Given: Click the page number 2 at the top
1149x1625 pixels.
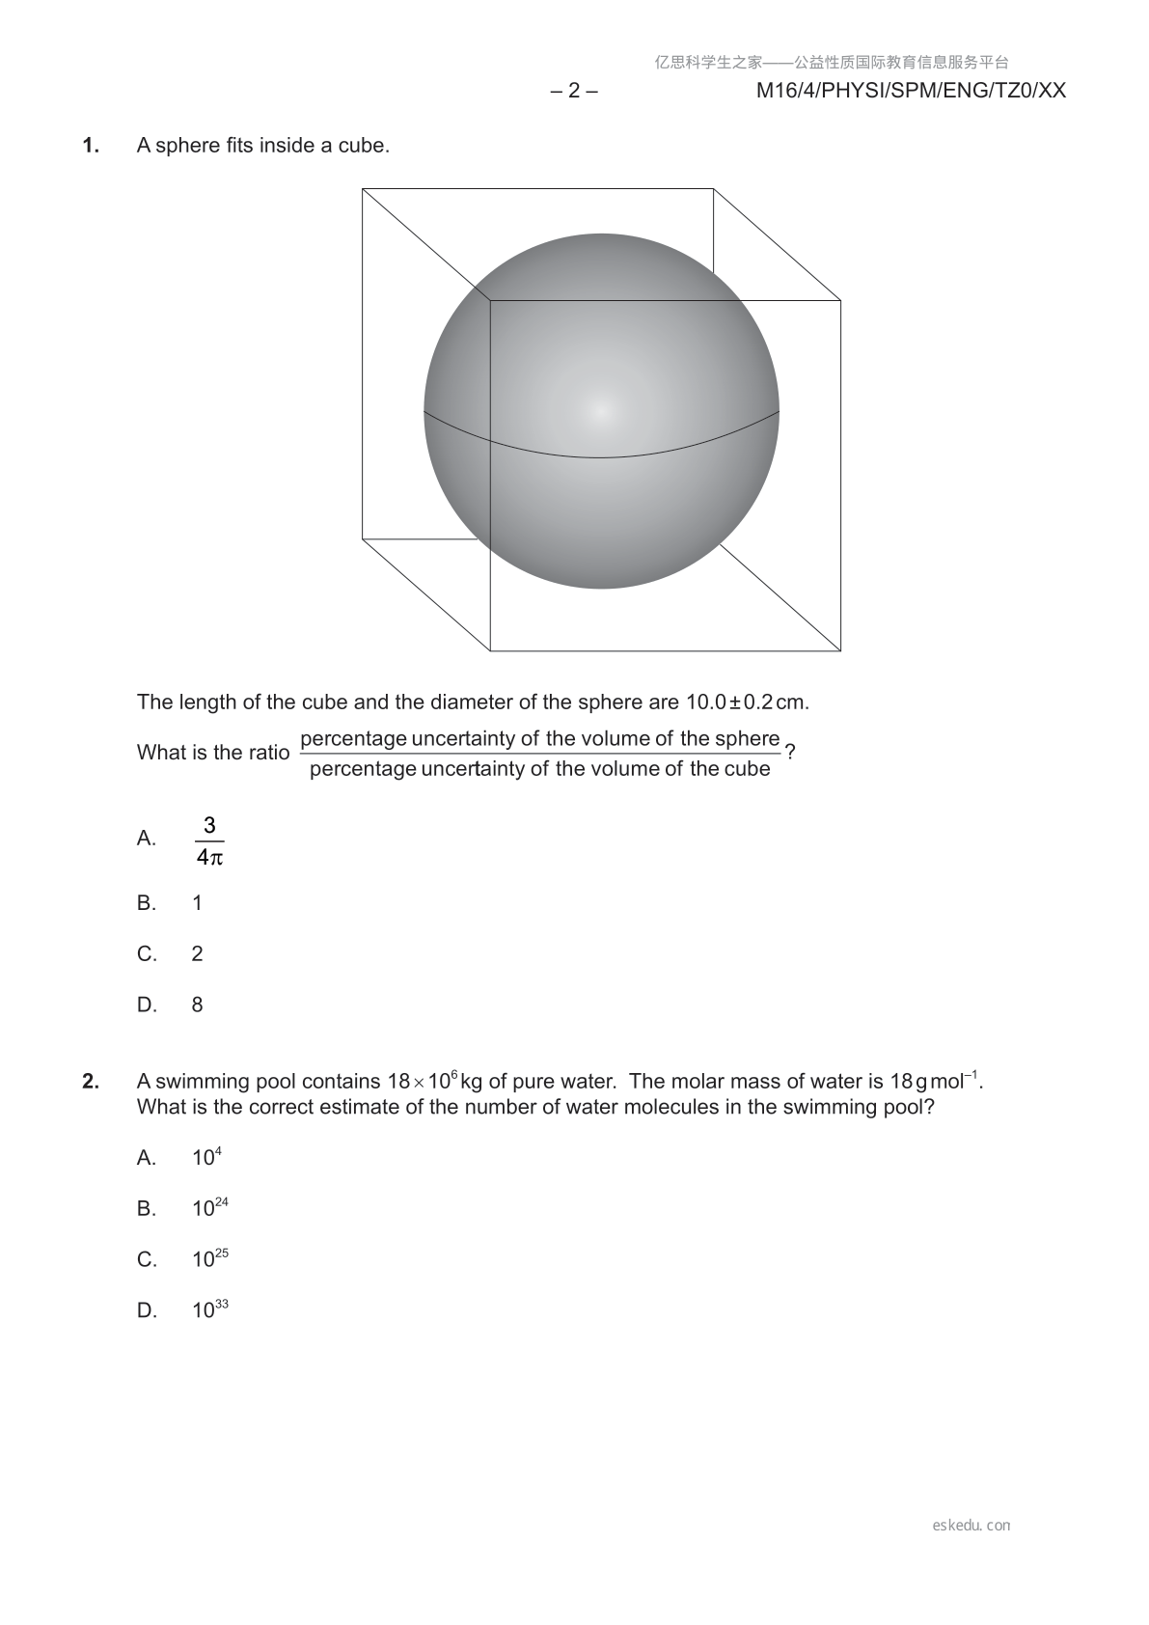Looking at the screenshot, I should (574, 91).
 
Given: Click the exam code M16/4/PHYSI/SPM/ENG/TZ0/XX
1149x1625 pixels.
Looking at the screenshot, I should (911, 91).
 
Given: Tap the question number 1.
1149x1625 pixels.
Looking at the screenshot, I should (91, 146).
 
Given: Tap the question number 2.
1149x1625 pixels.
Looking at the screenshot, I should (91, 1082).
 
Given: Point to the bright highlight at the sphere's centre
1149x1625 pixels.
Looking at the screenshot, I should (601, 411).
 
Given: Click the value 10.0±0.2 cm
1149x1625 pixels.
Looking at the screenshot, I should (747, 702).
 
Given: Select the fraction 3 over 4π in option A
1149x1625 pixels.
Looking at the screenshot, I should (209, 840).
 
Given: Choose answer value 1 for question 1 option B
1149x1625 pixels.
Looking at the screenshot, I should (198, 903).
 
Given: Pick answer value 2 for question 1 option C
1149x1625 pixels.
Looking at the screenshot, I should (198, 954).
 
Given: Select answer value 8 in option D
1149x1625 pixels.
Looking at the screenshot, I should (198, 1005).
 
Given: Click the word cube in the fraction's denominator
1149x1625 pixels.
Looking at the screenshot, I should (749, 769).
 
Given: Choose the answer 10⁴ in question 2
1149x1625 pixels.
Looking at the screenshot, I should (206, 1157).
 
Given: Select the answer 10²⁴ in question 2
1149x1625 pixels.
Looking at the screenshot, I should (209, 1208).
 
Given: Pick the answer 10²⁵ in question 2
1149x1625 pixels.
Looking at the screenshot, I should (209, 1259).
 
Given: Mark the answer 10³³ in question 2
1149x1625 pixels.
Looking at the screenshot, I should (209, 1310).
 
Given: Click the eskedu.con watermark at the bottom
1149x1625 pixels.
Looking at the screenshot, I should (971, 1526).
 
